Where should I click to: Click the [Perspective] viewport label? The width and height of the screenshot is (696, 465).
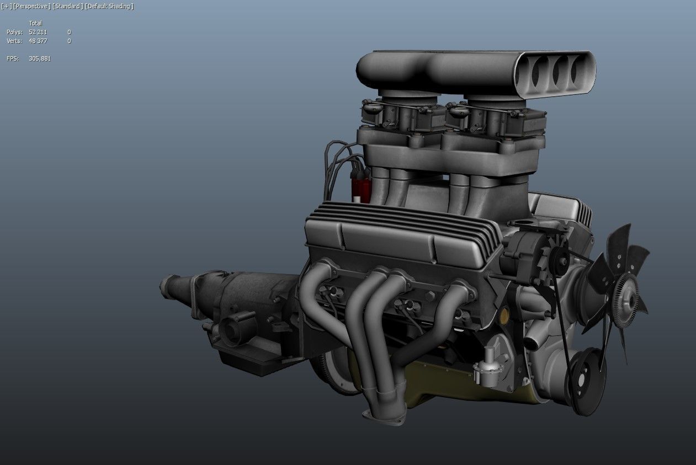click(31, 6)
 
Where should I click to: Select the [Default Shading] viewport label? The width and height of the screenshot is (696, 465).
click(109, 6)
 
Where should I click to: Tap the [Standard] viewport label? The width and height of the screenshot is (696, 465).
click(68, 6)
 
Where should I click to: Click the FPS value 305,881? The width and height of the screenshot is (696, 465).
click(40, 58)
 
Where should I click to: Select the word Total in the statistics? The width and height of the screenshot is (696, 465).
click(35, 23)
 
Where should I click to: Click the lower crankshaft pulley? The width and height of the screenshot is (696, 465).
click(586, 381)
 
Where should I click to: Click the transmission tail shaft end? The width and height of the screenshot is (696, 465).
click(167, 286)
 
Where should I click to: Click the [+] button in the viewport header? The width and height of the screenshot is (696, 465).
click(6, 6)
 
